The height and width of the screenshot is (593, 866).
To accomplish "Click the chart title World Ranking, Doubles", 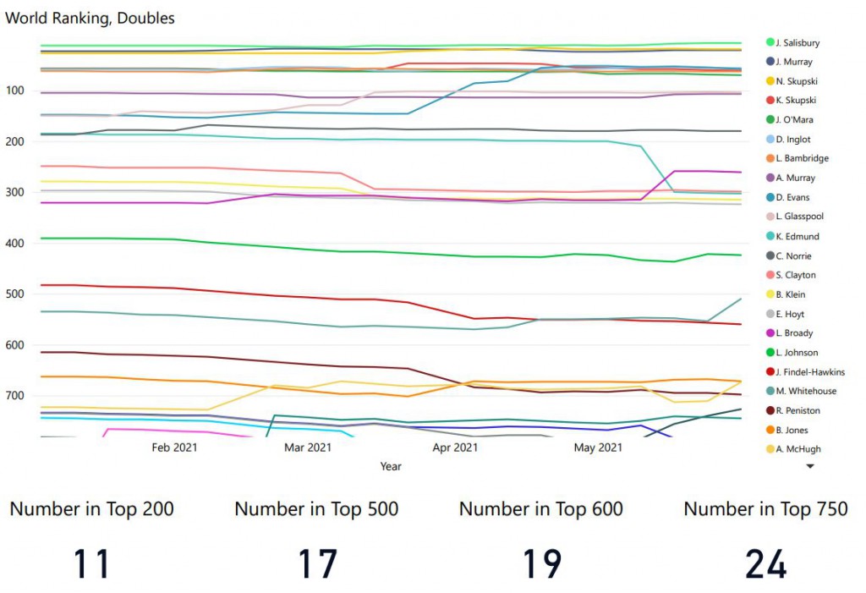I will click(x=90, y=18).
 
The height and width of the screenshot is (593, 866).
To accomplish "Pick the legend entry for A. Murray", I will click(x=794, y=178).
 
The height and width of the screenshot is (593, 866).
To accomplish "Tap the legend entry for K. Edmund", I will click(x=797, y=236).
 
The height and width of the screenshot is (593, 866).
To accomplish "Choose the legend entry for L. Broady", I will click(x=794, y=333).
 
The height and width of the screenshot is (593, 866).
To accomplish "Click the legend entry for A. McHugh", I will click(x=797, y=449).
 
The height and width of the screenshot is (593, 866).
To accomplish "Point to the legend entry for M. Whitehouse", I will click(x=806, y=391).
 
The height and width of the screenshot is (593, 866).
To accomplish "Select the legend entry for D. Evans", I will click(x=792, y=197).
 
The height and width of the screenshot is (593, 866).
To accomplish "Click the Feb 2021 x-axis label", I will click(x=174, y=447).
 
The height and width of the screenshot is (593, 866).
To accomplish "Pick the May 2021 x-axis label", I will click(x=598, y=447).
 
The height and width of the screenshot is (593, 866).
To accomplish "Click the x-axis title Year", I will click(x=391, y=466).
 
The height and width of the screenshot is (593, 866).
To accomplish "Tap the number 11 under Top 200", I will click(x=91, y=563).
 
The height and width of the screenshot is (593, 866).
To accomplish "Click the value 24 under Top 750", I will click(x=765, y=563).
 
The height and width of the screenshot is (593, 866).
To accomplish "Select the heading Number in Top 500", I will click(x=316, y=509).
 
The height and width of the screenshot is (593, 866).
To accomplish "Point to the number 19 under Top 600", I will click(x=541, y=563).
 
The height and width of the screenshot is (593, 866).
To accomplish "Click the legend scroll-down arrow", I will click(x=809, y=465).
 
